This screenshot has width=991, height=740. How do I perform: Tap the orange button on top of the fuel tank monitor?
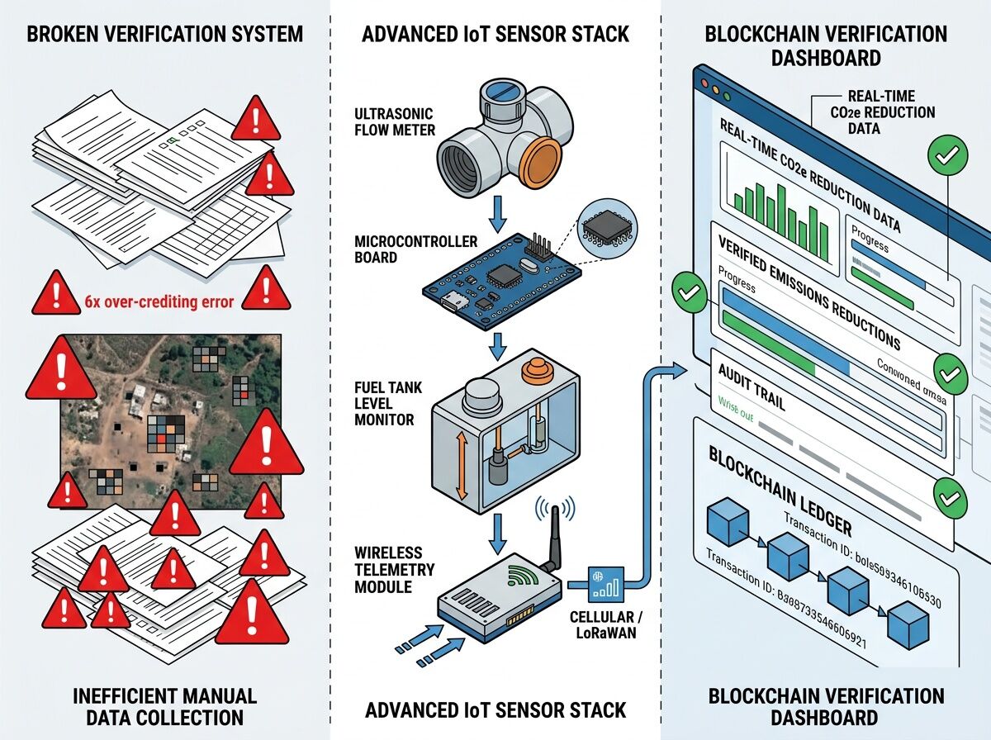click(x=535, y=369)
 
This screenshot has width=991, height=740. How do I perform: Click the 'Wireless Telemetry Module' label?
click(x=390, y=568)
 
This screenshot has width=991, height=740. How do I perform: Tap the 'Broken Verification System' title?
click(x=164, y=35)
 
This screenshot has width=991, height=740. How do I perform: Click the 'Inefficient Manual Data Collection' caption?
click(x=164, y=706)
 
